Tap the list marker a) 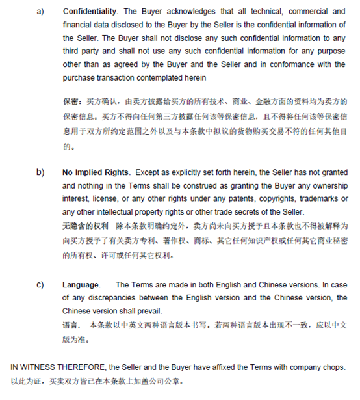tap(40, 11)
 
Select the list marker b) tap(40, 172)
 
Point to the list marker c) tap(40, 284)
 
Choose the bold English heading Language tap(81, 284)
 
